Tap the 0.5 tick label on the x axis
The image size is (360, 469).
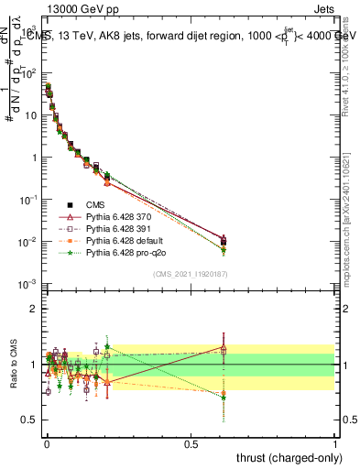tap(191, 442)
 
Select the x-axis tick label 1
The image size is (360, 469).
tap(335, 442)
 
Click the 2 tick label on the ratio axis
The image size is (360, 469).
tap(33, 309)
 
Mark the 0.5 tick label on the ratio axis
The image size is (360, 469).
tap(29, 420)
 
